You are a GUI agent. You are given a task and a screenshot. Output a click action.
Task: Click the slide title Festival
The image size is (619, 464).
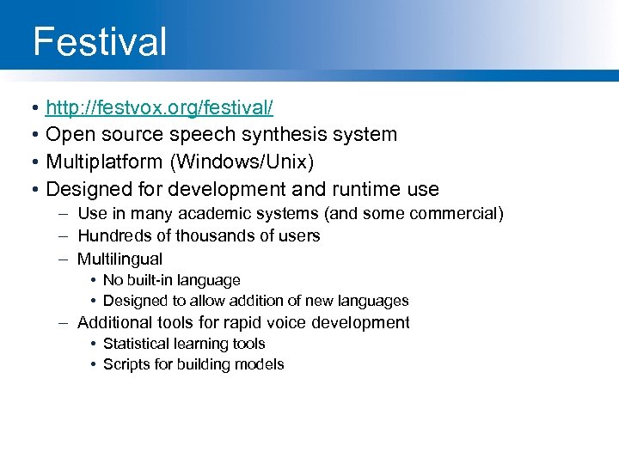(x=99, y=42)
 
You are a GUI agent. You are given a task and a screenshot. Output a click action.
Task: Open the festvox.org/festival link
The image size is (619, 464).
(x=159, y=108)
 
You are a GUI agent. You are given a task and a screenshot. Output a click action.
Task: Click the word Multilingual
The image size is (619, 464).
(x=120, y=259)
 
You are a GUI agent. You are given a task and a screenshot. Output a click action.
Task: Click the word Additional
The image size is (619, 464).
(x=113, y=323)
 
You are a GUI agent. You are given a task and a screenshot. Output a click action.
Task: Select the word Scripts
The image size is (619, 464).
(x=126, y=364)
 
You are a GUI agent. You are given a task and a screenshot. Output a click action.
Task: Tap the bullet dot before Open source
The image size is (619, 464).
(x=30, y=135)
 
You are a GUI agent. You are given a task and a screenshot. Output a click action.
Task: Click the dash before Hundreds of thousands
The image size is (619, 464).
(x=64, y=235)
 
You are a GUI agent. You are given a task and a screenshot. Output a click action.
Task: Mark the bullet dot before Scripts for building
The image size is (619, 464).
(x=91, y=364)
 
